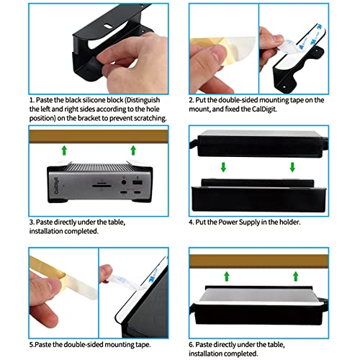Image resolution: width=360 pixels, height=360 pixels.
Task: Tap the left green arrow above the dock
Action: point(63,150)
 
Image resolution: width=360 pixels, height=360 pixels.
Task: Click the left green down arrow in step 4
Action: point(223,166)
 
